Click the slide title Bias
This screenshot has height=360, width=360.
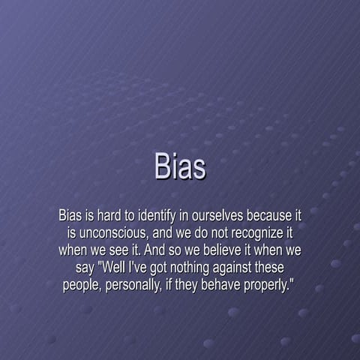(x=180, y=166)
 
